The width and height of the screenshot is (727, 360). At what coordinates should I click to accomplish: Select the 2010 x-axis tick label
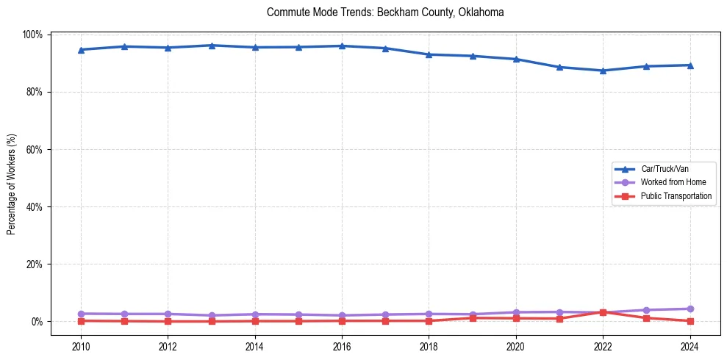(81, 346)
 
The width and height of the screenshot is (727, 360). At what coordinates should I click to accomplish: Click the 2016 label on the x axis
(342, 346)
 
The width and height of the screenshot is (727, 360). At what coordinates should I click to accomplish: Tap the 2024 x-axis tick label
(690, 346)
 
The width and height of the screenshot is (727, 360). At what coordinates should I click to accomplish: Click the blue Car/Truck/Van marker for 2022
(603, 71)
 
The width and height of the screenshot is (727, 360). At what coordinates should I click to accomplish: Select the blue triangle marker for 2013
(211, 46)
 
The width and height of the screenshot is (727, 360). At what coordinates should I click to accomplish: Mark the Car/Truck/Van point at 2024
(690, 65)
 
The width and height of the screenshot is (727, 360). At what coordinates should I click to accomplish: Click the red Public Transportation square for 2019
(472, 318)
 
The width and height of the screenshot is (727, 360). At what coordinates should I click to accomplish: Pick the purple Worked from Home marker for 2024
(690, 309)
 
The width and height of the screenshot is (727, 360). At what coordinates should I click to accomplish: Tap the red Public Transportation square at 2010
(81, 320)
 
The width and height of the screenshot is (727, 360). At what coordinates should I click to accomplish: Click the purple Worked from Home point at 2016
(342, 315)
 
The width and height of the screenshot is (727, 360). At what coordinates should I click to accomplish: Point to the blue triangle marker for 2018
(429, 54)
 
